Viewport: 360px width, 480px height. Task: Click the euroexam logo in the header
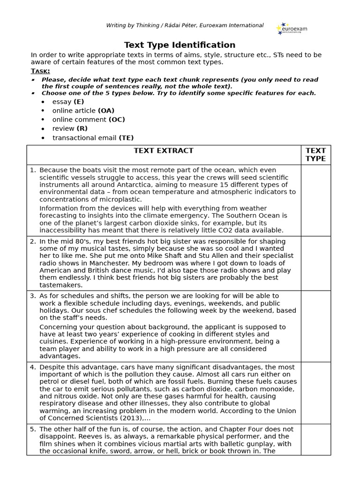[292, 29]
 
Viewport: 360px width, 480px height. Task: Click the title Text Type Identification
[180, 45]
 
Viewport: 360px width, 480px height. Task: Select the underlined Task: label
[40, 71]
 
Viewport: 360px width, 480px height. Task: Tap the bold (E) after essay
[79, 102]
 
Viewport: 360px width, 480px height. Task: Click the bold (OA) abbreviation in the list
[106, 111]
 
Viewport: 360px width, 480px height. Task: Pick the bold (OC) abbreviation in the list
[117, 120]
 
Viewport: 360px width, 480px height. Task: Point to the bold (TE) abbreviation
[126, 137]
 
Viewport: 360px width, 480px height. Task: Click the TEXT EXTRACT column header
[164, 150]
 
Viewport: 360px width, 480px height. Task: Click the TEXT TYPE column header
[315, 154]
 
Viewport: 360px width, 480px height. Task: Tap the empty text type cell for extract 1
[315, 200]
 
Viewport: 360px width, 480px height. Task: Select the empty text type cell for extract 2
[315, 263]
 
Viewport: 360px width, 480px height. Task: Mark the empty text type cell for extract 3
[315, 326]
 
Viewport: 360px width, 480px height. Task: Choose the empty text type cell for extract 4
[315, 393]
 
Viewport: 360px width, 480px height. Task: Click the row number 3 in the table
[33, 296]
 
